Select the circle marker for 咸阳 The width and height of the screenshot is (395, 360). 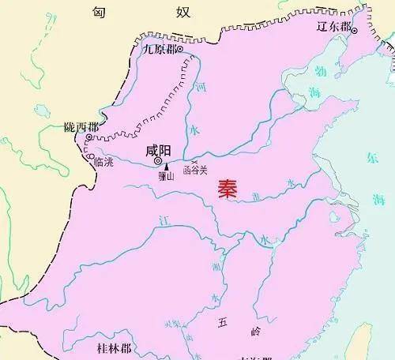pyautogui.click(x=158, y=162)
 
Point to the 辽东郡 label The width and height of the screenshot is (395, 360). pyautogui.click(x=332, y=24)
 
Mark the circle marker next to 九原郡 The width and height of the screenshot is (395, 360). pyautogui.click(x=180, y=50)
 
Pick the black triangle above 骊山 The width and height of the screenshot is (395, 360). pyautogui.click(x=167, y=167)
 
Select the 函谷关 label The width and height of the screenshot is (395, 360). pyautogui.click(x=194, y=169)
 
